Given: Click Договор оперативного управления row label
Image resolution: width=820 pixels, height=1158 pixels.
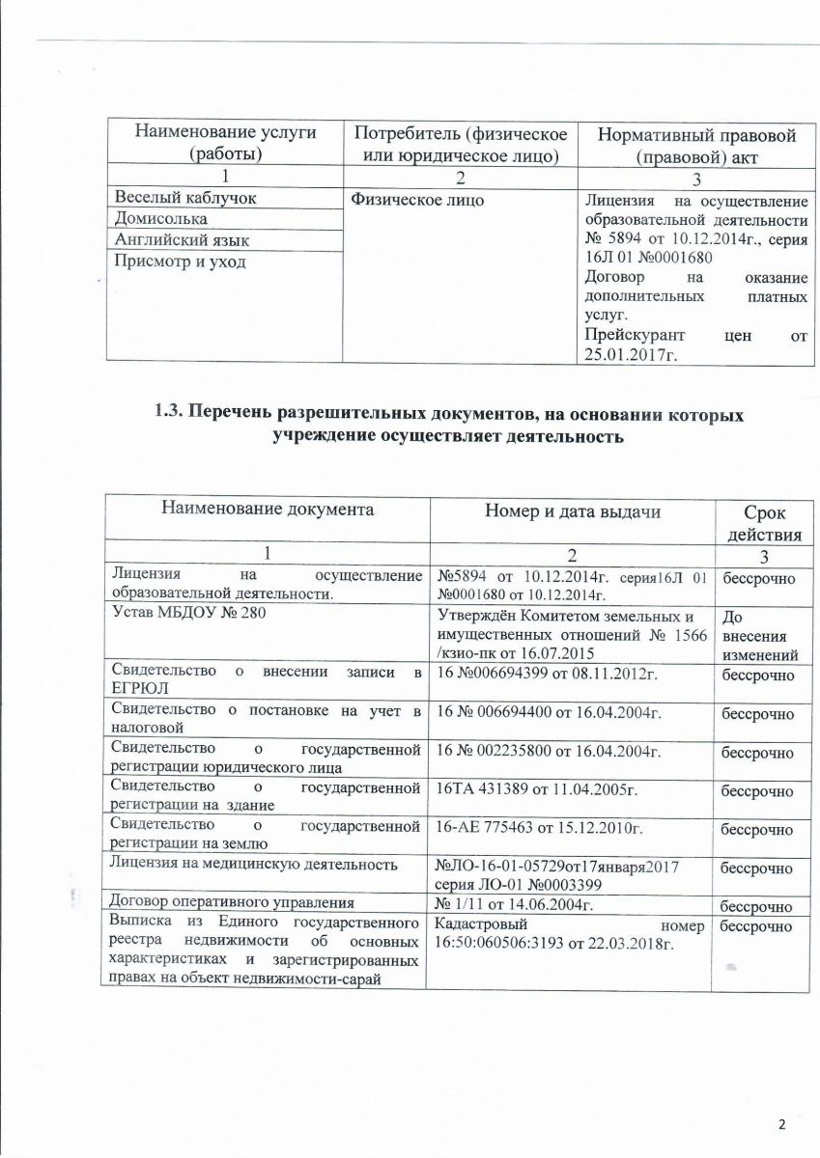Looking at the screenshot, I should point(230,903).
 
